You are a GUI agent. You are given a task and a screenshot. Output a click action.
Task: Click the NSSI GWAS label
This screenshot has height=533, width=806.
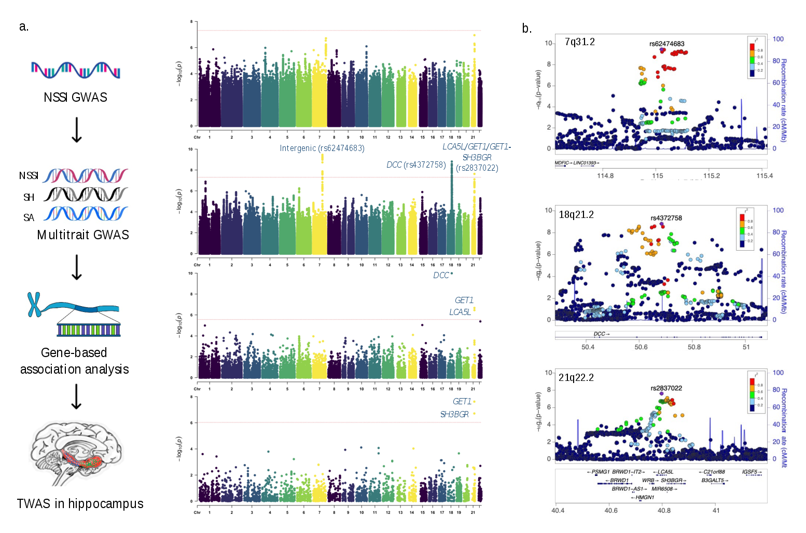pos(75,98)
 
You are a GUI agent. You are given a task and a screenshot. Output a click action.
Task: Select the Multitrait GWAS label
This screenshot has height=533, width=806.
pos(83,235)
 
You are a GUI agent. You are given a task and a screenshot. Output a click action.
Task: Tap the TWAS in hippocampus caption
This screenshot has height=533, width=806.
pos(80,504)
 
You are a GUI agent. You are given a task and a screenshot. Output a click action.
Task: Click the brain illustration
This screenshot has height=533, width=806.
pos(76,453)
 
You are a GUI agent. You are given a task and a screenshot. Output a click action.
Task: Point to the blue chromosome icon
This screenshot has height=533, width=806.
pos(34,305)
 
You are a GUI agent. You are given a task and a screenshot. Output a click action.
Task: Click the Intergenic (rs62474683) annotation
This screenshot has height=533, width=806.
pos(322,148)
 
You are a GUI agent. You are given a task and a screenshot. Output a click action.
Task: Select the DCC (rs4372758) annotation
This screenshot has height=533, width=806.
pos(416,165)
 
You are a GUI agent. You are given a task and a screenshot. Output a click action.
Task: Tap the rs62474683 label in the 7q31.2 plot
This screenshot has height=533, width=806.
pos(666,44)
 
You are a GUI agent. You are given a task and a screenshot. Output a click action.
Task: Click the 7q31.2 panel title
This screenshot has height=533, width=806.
pos(579,42)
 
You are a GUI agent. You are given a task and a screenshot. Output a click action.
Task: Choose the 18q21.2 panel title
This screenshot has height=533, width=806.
pos(576,215)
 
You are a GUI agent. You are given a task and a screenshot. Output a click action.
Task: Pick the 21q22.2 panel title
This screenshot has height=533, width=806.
pos(576,378)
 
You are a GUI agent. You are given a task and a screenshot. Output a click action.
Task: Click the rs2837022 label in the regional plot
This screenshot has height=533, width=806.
pos(666,388)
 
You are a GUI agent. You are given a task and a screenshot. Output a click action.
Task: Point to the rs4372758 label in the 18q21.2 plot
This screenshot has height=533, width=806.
pos(666,218)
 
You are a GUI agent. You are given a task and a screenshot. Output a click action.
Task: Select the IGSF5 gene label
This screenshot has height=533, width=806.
pos(749,472)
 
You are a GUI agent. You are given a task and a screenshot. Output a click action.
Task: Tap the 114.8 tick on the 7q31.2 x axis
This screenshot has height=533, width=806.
pos(605,176)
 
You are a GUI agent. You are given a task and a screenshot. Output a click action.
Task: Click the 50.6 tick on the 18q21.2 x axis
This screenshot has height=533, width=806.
pos(641,347)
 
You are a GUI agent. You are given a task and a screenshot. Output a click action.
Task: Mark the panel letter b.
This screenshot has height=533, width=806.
pos(526,29)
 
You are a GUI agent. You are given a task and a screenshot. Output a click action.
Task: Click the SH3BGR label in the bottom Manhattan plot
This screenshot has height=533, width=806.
pos(454,415)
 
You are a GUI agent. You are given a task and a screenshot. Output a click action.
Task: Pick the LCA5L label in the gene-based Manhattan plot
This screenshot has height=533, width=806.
pos(460,312)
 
